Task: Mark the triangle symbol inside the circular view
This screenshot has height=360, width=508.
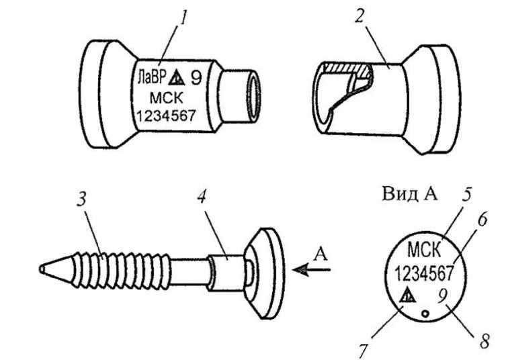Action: tap(407, 295)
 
